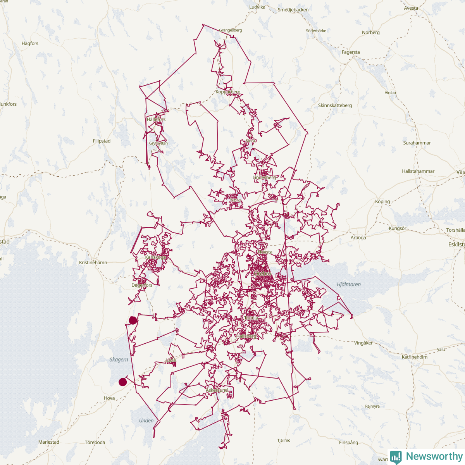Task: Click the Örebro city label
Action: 262,274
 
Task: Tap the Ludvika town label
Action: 257,7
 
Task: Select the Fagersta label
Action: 351,52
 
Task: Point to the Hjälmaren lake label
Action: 349,284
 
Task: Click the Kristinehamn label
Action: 93,262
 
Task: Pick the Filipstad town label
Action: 102,141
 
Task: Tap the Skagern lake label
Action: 119,360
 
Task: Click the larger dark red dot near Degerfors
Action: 133,320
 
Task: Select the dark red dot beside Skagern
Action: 122,382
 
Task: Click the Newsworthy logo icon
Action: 396,457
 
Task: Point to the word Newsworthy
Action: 434,456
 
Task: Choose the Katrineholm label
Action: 415,357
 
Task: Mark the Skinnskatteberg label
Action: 335,105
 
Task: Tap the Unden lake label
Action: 146,420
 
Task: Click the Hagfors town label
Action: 30,43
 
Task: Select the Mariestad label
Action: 49,442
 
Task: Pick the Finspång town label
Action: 348,443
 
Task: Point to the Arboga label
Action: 358,238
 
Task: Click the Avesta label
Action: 411,8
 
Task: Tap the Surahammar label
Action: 417,143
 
